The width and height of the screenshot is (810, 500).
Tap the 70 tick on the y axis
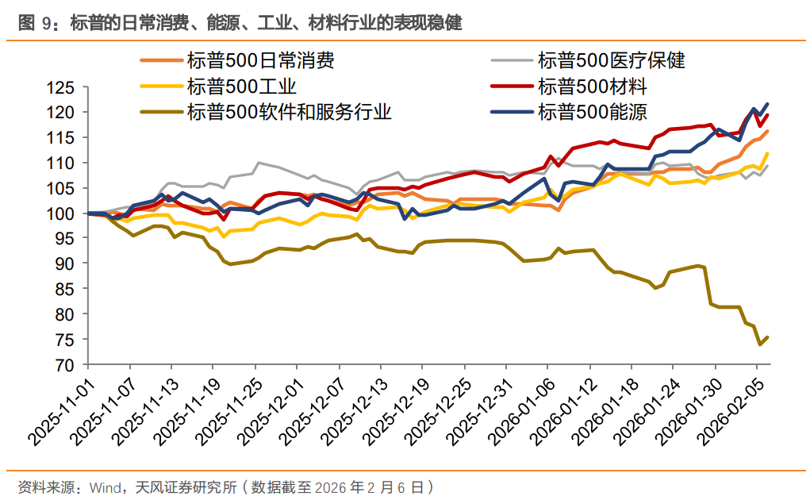click(x=66, y=365)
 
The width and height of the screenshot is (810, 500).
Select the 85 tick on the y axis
click(x=66, y=290)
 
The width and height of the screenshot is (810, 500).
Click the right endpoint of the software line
click(x=767, y=337)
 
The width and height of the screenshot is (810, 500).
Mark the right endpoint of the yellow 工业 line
click(x=767, y=154)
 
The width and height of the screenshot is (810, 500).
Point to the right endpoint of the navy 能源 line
click(x=767, y=104)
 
